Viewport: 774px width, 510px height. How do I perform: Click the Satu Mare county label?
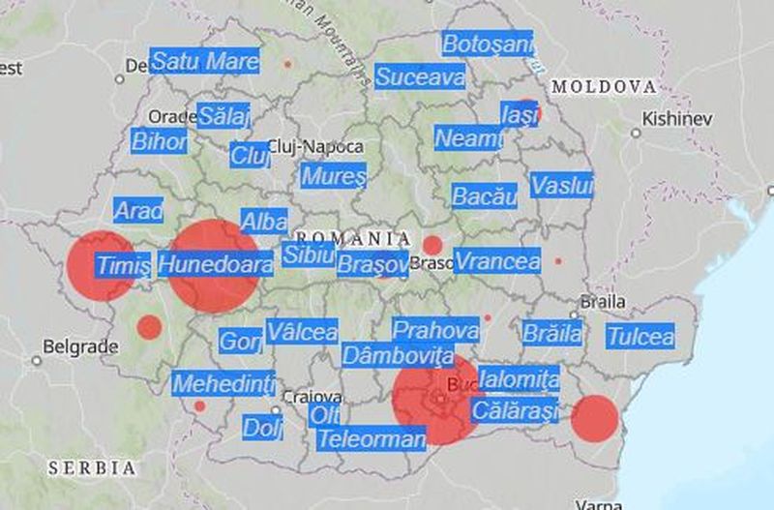click(205, 62)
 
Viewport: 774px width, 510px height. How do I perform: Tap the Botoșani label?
click(488, 44)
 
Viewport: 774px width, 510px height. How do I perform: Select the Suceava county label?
click(420, 76)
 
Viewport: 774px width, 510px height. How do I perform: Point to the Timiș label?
click(124, 265)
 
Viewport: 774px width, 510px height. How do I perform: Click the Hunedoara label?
click(215, 264)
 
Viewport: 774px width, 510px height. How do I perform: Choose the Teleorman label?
click(372, 439)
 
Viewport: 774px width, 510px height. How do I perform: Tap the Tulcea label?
click(640, 337)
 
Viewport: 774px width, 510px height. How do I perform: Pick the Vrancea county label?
click(497, 261)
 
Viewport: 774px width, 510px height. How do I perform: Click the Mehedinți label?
click(223, 383)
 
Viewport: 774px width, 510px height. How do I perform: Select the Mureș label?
click(334, 177)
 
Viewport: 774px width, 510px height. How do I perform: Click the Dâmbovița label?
click(398, 354)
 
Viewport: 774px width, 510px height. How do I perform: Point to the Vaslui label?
click(562, 186)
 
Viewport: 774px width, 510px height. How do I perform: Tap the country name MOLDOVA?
click(604, 87)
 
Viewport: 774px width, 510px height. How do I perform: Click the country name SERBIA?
click(92, 467)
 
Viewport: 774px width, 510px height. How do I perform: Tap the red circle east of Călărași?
click(594, 418)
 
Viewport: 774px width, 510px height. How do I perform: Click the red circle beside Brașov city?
click(432, 246)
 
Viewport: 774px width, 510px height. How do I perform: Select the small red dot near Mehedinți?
click(199, 406)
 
